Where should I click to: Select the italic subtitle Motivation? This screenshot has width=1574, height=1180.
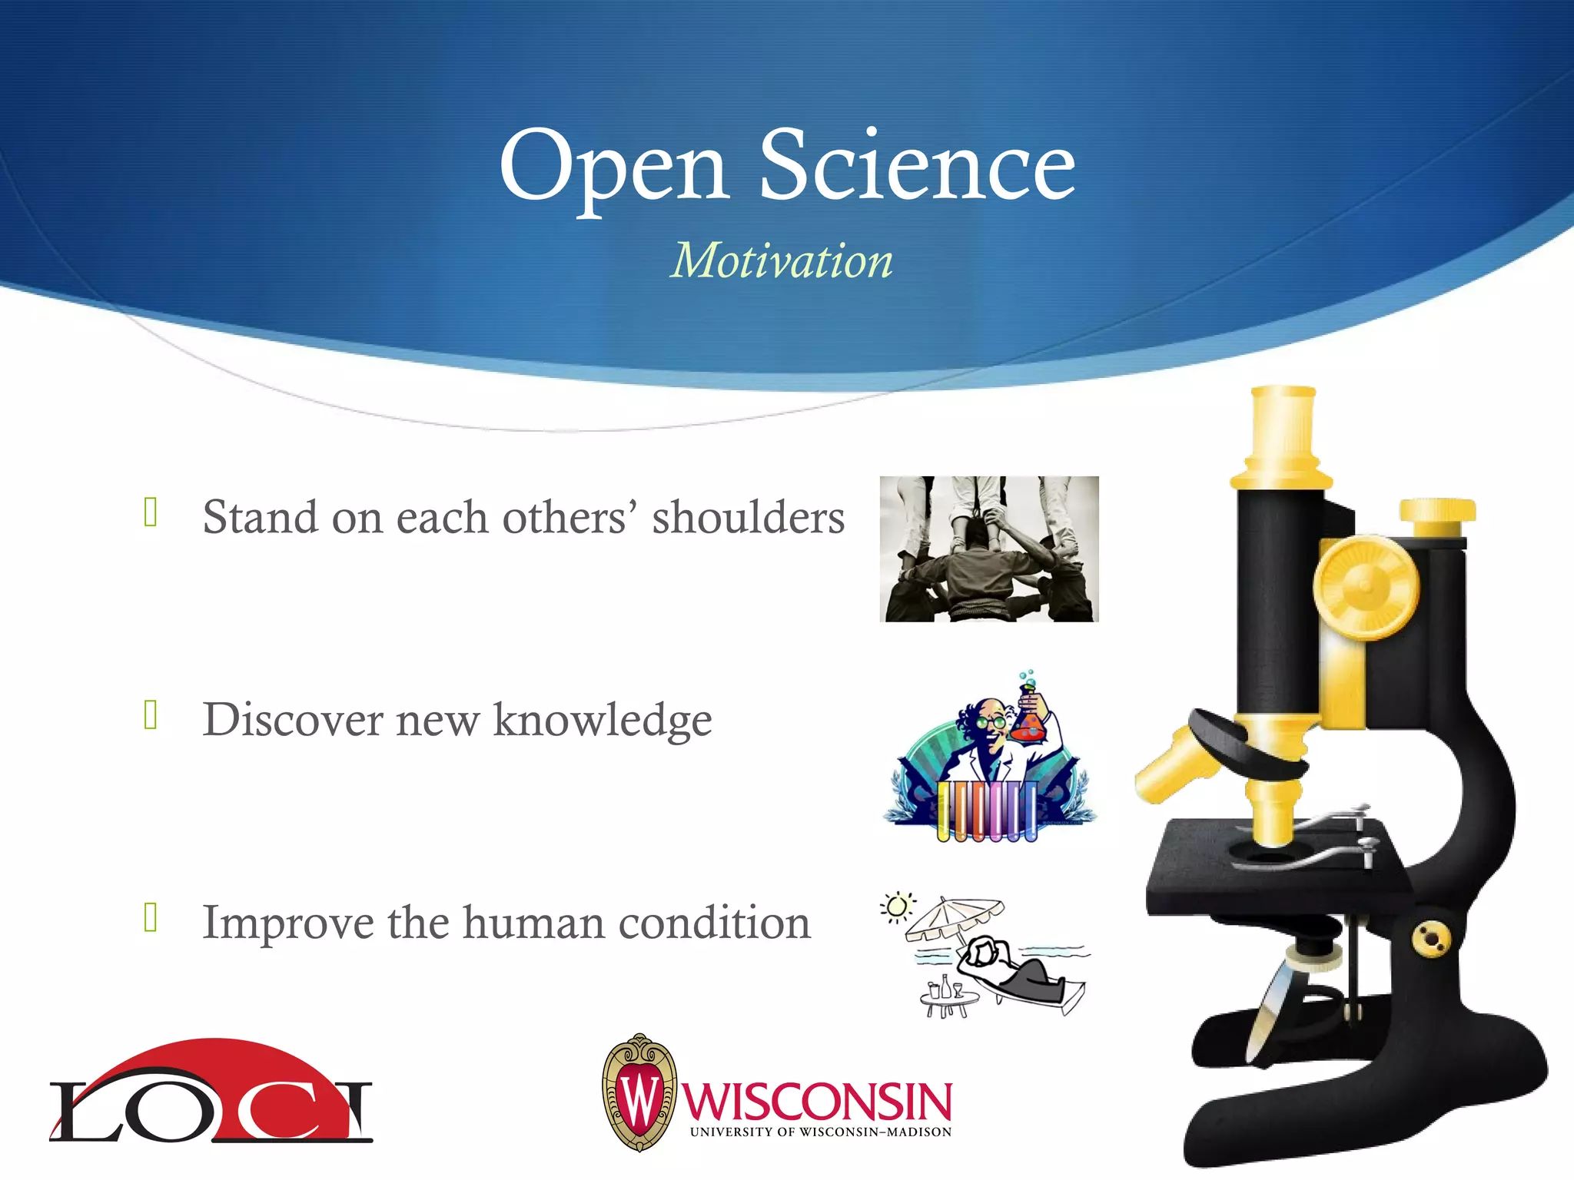[x=782, y=260]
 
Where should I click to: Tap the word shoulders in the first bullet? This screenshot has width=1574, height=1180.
[x=748, y=517]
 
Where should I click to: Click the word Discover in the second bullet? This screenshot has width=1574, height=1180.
[x=293, y=720]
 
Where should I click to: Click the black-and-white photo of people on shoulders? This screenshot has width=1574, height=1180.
[x=988, y=549]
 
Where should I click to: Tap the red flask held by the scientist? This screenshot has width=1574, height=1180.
[x=1028, y=723]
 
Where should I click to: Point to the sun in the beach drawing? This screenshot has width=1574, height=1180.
[x=896, y=907]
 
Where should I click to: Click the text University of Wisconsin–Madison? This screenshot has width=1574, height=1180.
[x=820, y=1132]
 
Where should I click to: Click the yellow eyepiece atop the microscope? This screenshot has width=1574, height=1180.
[x=1282, y=430]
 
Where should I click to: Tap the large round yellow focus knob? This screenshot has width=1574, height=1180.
[x=1366, y=588]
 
